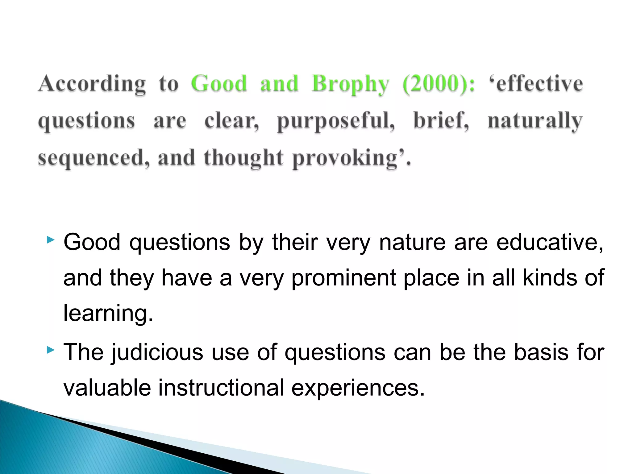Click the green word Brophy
click(x=350, y=84)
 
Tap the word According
click(x=92, y=84)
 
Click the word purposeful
click(x=336, y=121)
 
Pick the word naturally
click(x=535, y=121)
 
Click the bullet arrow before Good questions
click(x=50, y=240)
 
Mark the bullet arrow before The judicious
click(x=50, y=350)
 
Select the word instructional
click(x=221, y=388)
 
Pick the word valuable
click(x=107, y=388)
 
